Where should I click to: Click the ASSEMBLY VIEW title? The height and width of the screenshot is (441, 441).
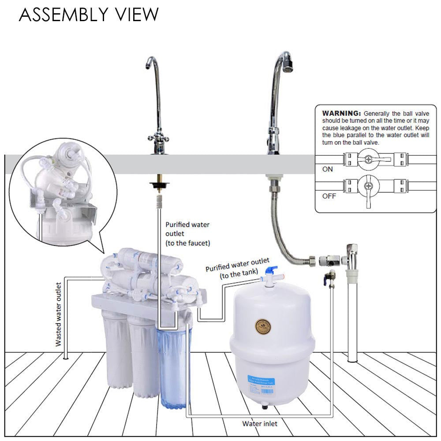click(x=89, y=15)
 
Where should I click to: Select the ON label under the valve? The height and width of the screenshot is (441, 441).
click(x=328, y=169)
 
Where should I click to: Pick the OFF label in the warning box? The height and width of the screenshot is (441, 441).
click(x=329, y=196)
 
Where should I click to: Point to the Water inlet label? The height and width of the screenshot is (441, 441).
click(x=260, y=424)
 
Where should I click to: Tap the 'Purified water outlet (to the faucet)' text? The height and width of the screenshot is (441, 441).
click(x=187, y=234)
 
